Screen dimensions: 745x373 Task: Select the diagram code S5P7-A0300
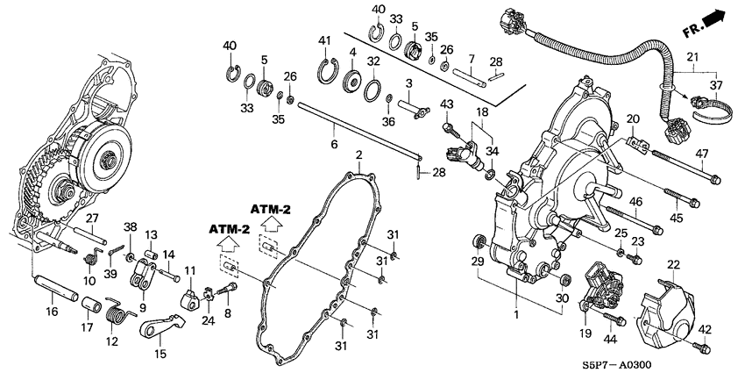point(617,365)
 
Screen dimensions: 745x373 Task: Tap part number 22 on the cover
point(674,264)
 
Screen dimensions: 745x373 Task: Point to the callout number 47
point(702,154)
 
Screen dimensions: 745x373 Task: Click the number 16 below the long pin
point(52,312)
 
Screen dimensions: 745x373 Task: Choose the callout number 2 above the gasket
point(358,154)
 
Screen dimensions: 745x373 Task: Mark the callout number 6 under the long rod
point(334,144)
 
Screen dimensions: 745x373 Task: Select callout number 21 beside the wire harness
point(693,58)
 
